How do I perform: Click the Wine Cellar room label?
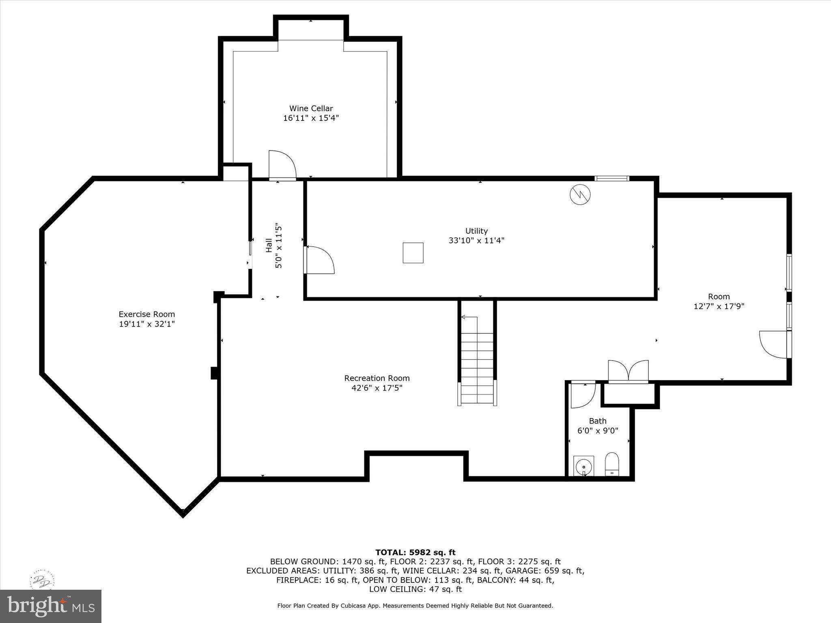[311, 108]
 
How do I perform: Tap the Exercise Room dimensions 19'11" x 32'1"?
[146, 324]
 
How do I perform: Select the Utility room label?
[476, 231]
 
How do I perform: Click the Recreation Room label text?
[377, 378]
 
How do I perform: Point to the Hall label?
[269, 245]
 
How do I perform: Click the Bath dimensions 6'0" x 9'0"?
[598, 431]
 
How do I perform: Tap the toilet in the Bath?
[612, 464]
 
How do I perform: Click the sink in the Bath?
[583, 466]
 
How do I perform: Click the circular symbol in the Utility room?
[580, 195]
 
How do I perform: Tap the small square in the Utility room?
[413, 253]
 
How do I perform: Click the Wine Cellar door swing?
[282, 164]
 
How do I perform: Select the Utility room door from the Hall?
[320, 260]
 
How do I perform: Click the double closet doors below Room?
[628, 371]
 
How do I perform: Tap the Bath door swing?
[583, 394]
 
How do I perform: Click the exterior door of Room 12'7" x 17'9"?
[774, 345]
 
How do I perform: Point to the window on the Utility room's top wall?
[611, 178]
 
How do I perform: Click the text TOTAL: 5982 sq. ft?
[415, 552]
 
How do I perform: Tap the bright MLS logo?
[51, 606]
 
